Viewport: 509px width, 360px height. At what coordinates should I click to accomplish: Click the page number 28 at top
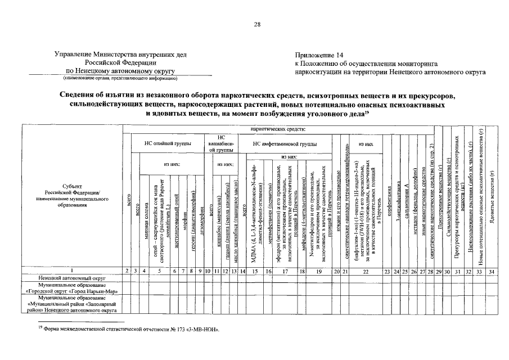click(x=257, y=24)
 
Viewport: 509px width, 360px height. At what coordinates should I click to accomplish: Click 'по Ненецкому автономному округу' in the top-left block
click(x=120, y=71)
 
